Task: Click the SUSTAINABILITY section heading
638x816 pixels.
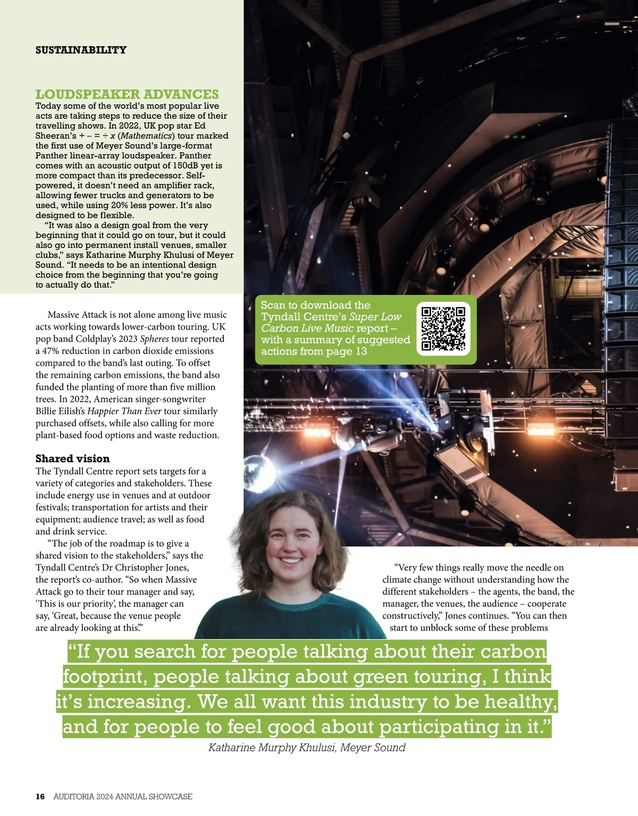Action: point(81,50)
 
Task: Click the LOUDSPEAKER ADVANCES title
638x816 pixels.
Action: point(127,94)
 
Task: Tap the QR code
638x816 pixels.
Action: point(443,329)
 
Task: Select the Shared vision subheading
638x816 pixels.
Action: point(72,458)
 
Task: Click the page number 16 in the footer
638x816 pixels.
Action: point(40,796)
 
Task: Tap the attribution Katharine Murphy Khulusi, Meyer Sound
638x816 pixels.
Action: point(307,747)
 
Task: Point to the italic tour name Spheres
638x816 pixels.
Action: point(154,339)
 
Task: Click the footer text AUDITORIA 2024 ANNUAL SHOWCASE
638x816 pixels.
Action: point(123,796)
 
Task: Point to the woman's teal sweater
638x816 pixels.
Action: point(287,611)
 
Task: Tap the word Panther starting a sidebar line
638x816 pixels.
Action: point(51,156)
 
